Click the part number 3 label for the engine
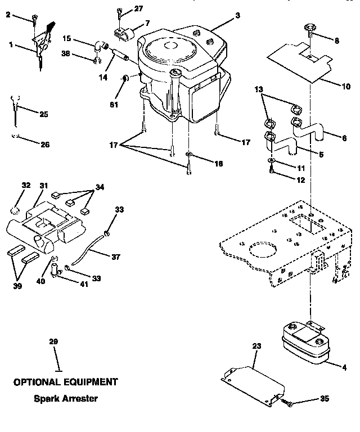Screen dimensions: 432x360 click(237, 16)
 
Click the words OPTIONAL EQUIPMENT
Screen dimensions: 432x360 click(66, 382)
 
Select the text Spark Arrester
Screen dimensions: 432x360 click(66, 399)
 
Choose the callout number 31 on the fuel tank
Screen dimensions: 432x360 click(44, 185)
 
